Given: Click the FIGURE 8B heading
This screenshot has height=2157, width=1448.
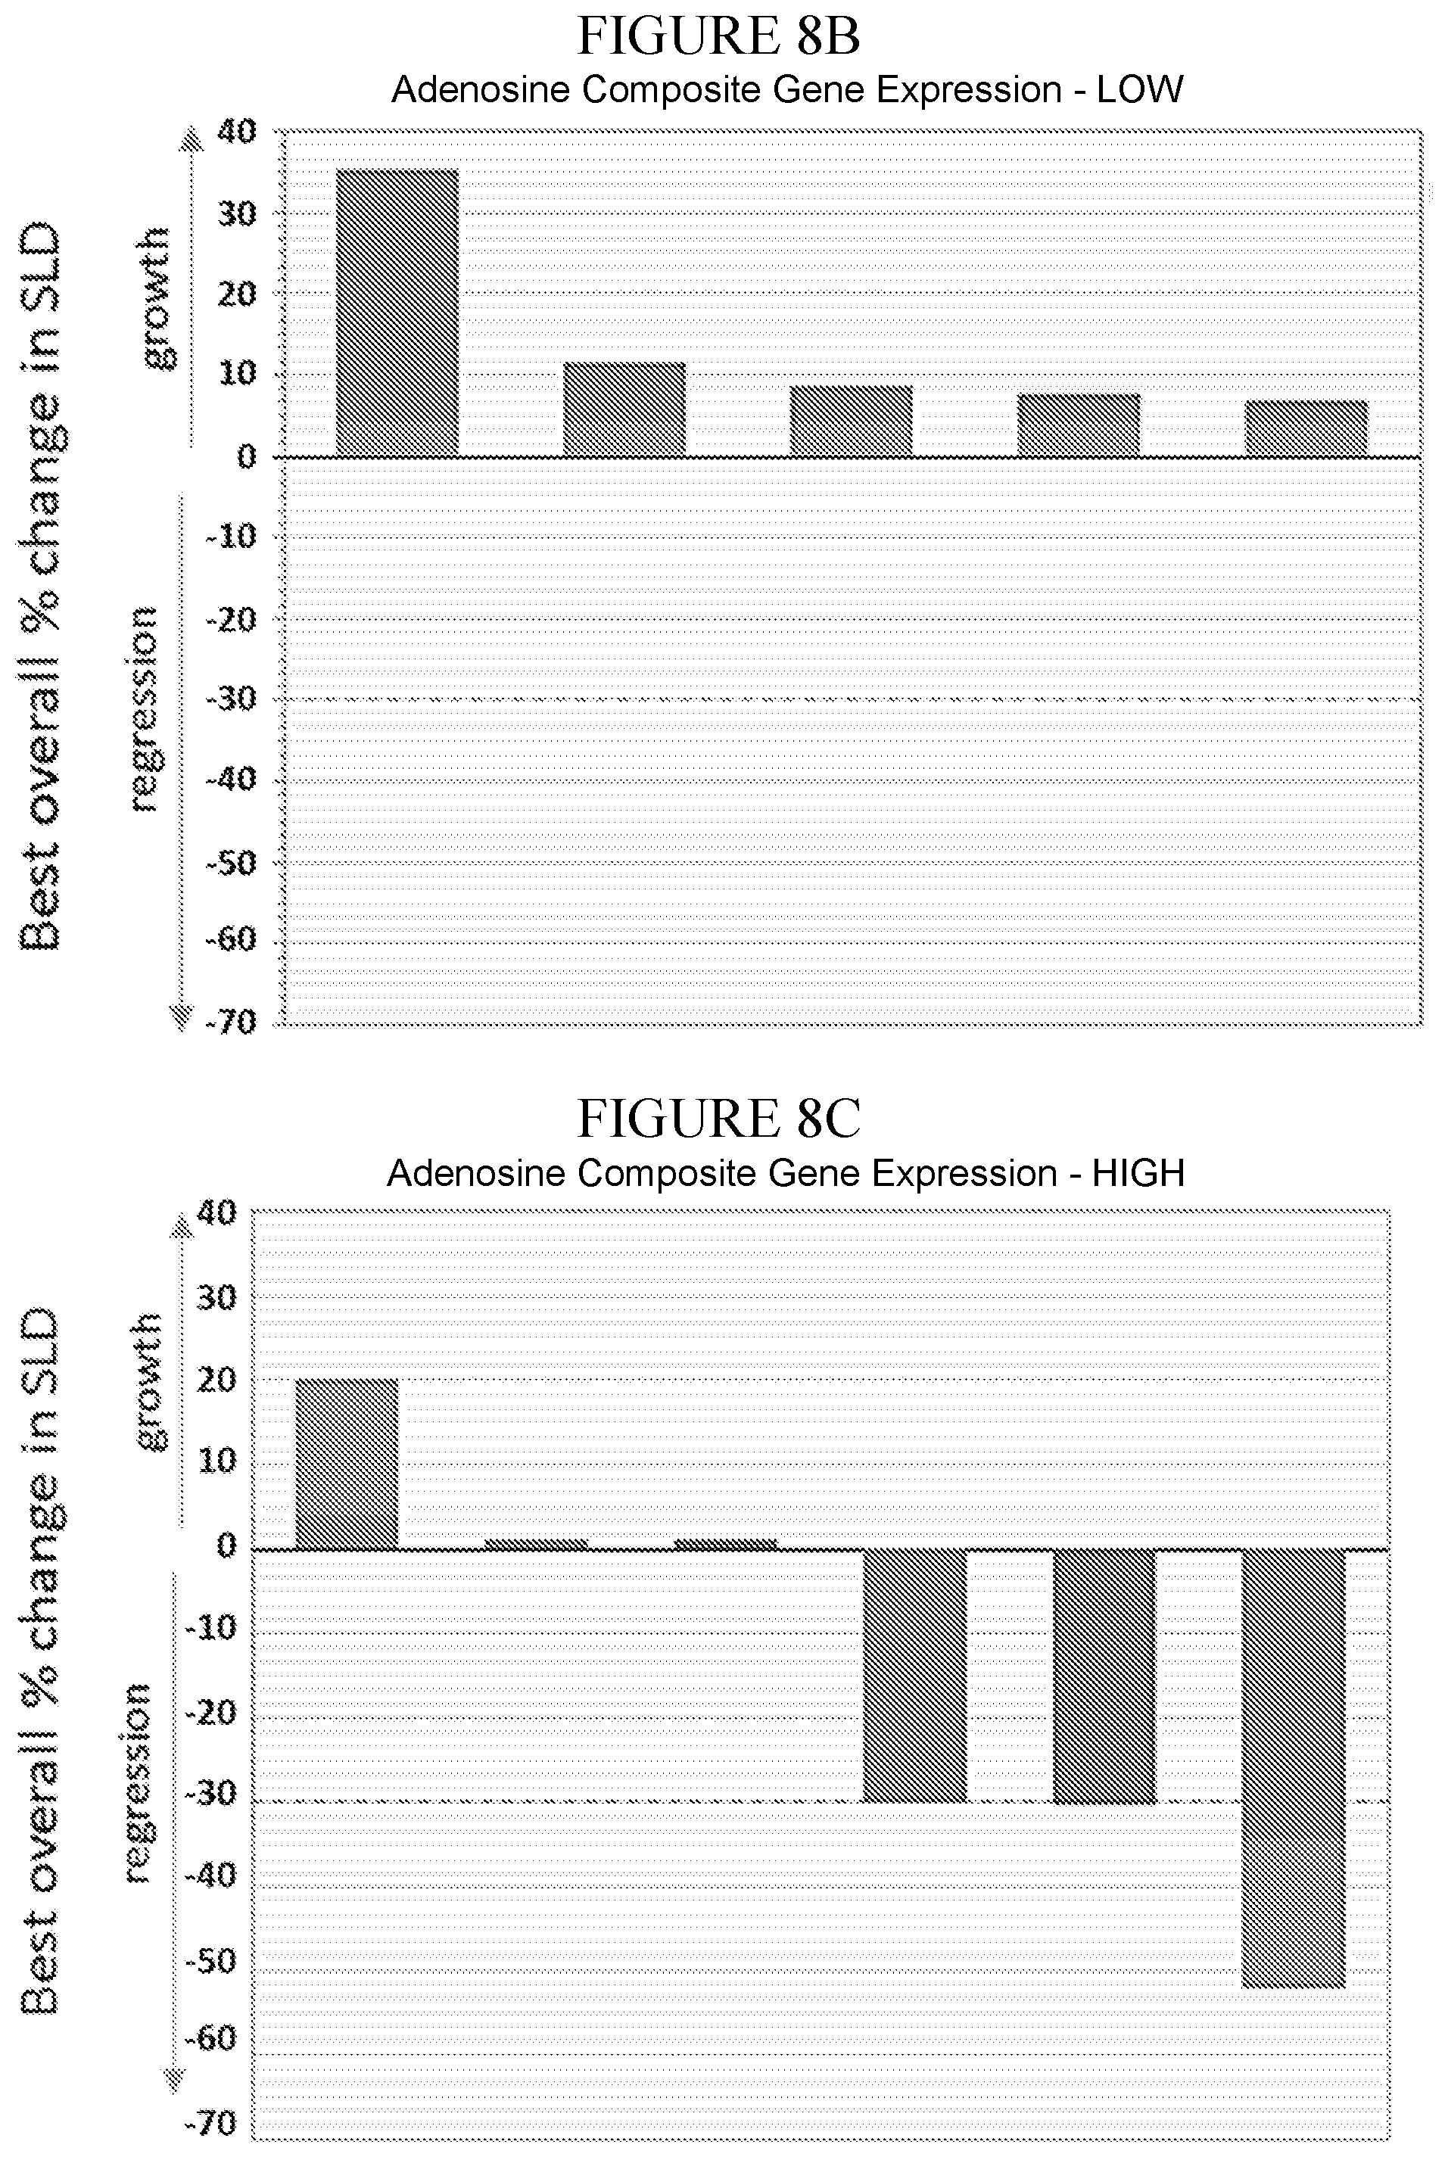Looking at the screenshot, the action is click(718, 37).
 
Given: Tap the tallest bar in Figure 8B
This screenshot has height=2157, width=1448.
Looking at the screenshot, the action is click(397, 313).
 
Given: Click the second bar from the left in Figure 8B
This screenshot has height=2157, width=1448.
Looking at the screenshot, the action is click(624, 409).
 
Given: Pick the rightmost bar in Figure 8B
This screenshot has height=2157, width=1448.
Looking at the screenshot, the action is click(1306, 428).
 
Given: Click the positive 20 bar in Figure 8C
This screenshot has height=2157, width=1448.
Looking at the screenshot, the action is click(347, 1464).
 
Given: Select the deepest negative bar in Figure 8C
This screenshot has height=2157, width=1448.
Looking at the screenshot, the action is click(1293, 1768).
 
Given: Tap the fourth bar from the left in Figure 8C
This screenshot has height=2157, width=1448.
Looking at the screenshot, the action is click(914, 1676).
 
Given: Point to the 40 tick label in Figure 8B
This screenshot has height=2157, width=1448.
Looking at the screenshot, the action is click(236, 132).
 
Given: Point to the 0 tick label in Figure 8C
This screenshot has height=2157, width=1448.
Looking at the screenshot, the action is click(226, 1545).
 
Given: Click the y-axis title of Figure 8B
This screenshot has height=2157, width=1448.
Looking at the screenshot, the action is click(42, 587).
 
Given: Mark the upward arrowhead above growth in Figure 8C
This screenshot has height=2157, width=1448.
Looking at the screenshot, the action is click(181, 1225).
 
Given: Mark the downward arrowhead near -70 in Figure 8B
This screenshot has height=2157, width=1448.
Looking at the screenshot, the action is click(181, 1016).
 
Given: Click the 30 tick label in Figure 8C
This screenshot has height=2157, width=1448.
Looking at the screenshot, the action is click(218, 1297).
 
